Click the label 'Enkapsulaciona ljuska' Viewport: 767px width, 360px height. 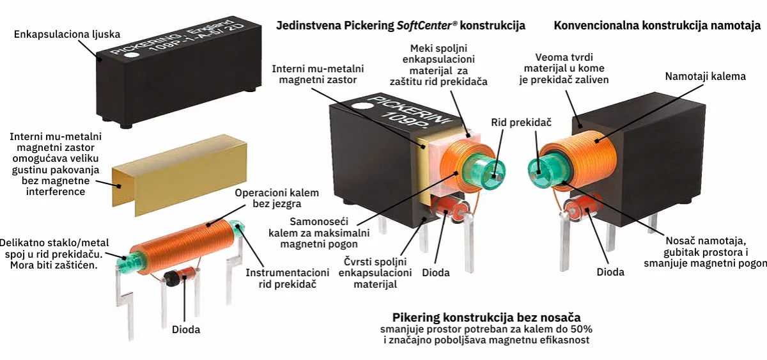[x=67, y=35]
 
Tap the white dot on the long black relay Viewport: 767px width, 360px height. [x=132, y=55]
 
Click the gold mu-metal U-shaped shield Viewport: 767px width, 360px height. [x=180, y=175]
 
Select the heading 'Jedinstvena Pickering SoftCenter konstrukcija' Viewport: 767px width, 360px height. [x=401, y=26]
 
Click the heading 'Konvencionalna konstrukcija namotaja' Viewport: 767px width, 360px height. [x=657, y=26]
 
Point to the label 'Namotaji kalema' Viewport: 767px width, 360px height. [x=706, y=76]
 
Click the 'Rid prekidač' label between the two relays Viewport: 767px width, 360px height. [x=521, y=122]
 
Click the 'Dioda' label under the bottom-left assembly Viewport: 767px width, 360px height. [x=186, y=329]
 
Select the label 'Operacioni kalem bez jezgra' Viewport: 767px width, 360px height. [x=277, y=198]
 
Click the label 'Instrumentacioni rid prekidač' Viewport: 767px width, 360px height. [x=287, y=278]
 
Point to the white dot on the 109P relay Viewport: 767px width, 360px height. [x=362, y=107]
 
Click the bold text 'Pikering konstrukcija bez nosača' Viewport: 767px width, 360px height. [x=486, y=317]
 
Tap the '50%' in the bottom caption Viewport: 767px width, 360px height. [x=581, y=329]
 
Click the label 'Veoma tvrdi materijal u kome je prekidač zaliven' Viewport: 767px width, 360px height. [x=564, y=68]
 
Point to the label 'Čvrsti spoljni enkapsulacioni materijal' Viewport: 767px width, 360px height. [x=375, y=273]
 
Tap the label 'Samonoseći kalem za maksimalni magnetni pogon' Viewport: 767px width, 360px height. [x=319, y=233]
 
